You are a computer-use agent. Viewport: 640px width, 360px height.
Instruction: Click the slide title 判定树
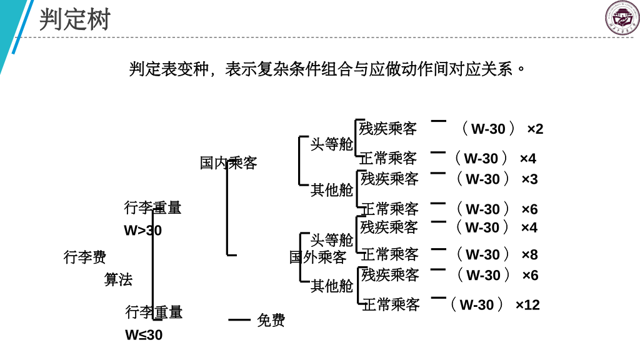(74, 19)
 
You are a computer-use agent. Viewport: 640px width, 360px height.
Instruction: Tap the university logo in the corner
(622, 17)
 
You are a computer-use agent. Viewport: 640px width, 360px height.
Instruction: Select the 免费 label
(271, 321)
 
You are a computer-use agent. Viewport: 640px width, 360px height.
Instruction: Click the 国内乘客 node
(228, 163)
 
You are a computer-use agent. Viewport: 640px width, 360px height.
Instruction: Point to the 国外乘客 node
(317, 257)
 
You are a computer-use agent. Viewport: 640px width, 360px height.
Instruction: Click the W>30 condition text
(142, 231)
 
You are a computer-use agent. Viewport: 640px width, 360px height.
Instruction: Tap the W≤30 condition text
(144, 335)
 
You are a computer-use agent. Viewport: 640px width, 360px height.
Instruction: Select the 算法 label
(118, 279)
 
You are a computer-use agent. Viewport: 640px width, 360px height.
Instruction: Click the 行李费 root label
(85, 257)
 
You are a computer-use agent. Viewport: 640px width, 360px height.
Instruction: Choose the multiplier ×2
(535, 129)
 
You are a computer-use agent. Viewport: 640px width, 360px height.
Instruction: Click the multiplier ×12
(527, 305)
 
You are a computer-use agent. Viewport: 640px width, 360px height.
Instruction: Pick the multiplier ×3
(529, 179)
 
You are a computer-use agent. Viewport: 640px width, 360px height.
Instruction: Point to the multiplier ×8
(529, 255)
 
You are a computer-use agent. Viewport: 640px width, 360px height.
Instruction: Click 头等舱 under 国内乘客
(332, 144)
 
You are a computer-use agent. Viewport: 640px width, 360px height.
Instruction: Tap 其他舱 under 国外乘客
(332, 286)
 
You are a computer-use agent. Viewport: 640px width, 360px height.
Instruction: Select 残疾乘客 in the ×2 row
(387, 129)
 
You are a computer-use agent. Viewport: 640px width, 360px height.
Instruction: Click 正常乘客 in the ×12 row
(391, 305)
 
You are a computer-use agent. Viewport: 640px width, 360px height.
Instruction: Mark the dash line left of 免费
(239, 320)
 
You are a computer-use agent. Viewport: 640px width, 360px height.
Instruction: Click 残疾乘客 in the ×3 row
(389, 179)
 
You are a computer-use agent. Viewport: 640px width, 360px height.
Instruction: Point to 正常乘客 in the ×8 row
(389, 254)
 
